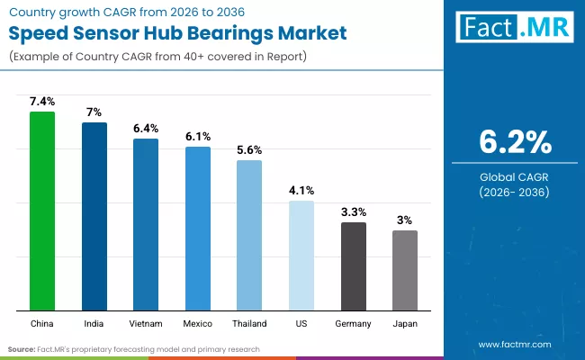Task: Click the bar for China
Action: point(42,211)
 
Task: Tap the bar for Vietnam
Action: point(146,224)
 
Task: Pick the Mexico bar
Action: point(198,229)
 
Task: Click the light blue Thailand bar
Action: point(249,235)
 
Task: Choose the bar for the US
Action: point(301,256)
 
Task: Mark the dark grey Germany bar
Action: point(354,266)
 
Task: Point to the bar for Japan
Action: point(405,270)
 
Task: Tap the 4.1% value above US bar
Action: point(301,191)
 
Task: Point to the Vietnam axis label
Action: point(146,321)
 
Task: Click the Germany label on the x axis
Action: point(354,321)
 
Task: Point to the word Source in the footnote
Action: point(22,348)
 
